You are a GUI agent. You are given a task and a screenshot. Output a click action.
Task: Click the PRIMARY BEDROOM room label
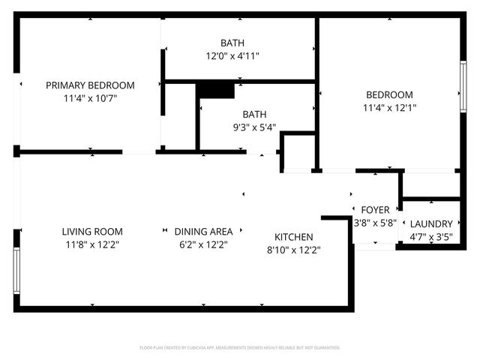click(90, 85)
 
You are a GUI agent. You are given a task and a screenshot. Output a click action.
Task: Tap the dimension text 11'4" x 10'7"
click(90, 98)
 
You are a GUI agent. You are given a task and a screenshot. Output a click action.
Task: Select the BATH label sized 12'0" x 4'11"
click(232, 43)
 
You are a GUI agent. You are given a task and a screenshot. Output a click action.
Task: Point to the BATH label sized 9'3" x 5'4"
click(254, 115)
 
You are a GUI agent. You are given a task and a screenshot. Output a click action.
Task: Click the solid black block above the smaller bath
click(215, 90)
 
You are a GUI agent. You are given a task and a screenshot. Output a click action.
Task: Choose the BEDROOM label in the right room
click(389, 94)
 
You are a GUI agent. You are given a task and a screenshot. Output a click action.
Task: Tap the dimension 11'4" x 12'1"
click(389, 107)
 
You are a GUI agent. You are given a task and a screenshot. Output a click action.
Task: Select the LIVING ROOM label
click(92, 232)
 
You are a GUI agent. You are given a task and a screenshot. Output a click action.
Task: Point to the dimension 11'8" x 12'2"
click(92, 244)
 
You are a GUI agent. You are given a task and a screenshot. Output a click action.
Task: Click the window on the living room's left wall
click(16, 270)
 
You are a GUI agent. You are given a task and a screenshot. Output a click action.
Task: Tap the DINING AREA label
click(203, 232)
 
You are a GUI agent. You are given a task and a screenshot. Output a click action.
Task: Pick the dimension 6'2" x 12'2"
click(203, 244)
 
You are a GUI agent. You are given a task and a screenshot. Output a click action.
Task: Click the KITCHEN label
click(293, 237)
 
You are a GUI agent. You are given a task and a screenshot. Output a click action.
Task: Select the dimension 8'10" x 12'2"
click(293, 250)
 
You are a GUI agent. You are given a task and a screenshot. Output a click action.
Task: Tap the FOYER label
click(375, 210)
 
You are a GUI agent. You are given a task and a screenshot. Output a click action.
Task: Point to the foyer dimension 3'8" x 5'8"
click(375, 223)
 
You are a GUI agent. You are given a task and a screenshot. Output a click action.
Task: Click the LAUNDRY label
click(431, 223)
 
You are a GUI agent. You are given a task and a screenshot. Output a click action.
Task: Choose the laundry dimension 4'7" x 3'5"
click(431, 236)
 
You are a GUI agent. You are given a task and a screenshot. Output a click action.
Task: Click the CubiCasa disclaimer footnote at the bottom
click(240, 348)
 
